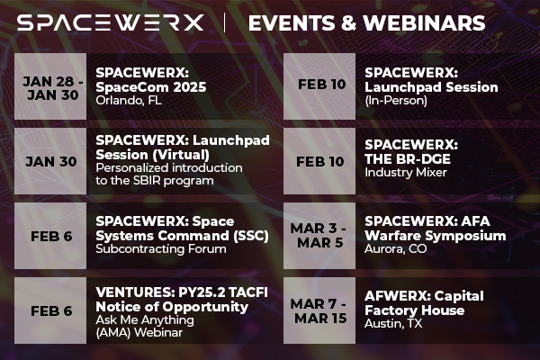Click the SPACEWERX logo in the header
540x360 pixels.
(111, 22)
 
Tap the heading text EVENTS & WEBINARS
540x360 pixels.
(366, 22)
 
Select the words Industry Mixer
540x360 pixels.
(405, 172)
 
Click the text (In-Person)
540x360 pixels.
(396, 101)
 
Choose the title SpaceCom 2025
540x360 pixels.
(150, 87)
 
